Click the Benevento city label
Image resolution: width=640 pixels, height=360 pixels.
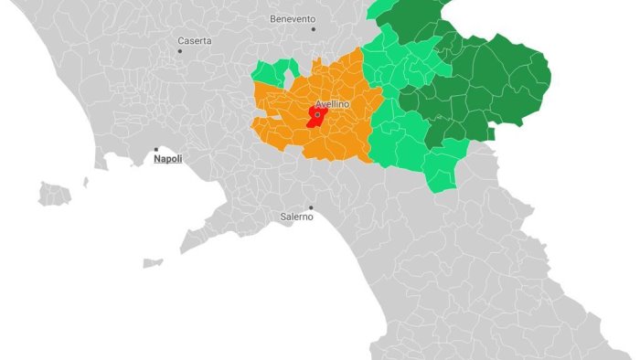pos(293,18)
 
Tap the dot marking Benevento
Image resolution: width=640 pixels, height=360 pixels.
pos(314,29)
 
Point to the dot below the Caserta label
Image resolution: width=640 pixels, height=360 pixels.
pos(180,51)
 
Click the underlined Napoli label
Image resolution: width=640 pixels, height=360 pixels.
pos(167,159)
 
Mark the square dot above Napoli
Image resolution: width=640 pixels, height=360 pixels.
pos(156,149)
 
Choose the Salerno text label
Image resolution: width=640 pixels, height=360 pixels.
pos(295,217)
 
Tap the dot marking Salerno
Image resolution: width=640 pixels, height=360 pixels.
pos(311,207)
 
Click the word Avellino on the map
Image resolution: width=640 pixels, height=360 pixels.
pos(332,104)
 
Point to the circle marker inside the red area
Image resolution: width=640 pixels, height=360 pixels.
pos(317,115)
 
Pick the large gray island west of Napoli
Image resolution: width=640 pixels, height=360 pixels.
pos(55,194)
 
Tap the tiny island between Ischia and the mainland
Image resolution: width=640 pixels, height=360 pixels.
pos(86,182)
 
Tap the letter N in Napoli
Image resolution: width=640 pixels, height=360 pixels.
pos(156,159)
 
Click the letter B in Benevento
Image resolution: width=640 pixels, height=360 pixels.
pos(273,18)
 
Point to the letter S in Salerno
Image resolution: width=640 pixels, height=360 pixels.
pos(283,217)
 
